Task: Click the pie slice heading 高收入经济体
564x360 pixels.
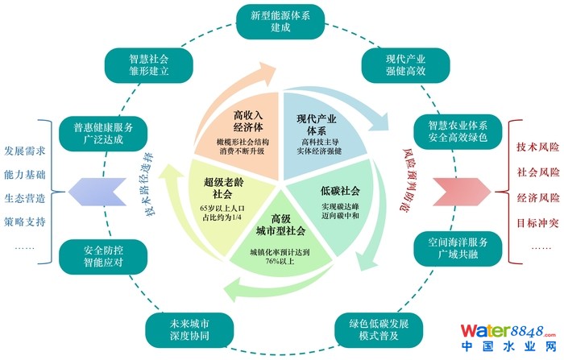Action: coord(243,121)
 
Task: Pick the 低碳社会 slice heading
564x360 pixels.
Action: coord(339,192)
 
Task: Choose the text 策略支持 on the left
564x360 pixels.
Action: coord(24,221)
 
